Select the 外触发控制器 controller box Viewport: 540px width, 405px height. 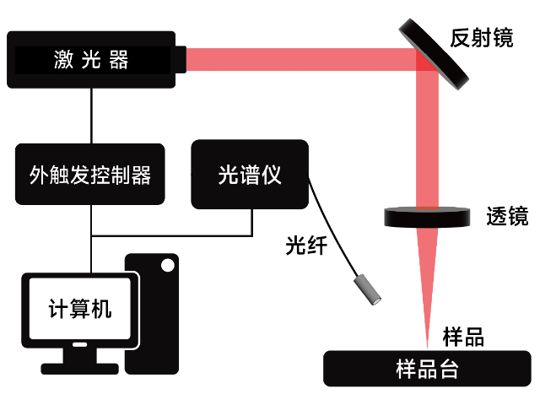tap(89, 175)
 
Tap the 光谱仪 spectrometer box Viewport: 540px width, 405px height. tap(250, 175)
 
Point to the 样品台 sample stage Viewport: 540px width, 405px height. tap(427, 370)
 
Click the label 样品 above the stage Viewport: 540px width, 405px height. tap(463, 337)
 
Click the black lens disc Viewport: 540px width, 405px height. tap(428, 218)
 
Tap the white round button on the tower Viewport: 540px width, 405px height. tap(167, 266)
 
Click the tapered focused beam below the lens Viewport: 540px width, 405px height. tap(428, 270)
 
